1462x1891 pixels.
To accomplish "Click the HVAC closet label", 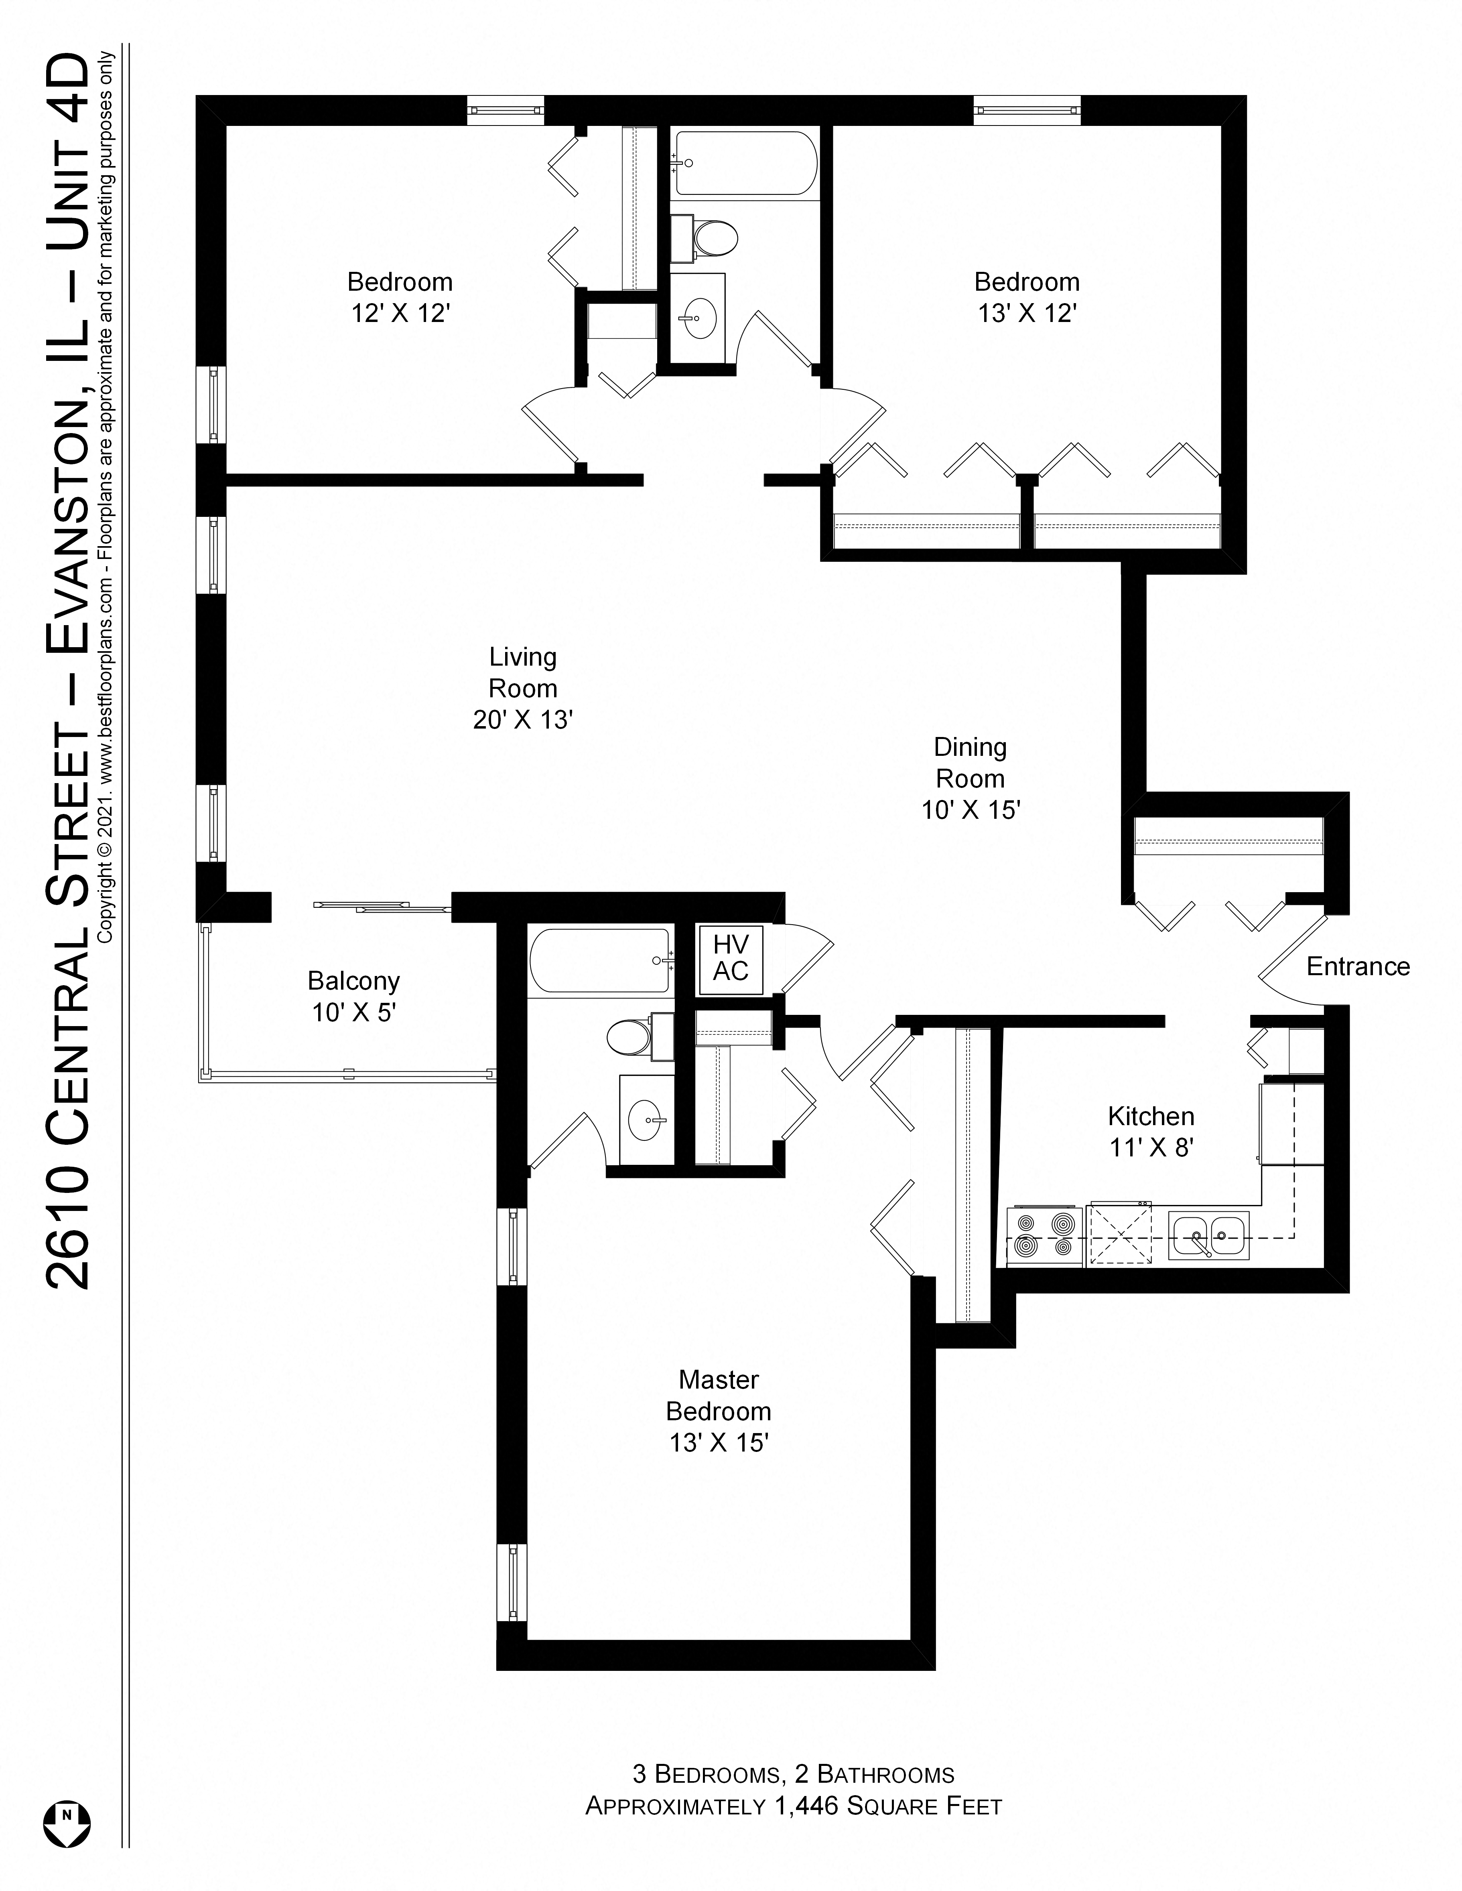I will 730,958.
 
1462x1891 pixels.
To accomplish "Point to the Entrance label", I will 1357,966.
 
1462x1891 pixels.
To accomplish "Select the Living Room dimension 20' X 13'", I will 523,719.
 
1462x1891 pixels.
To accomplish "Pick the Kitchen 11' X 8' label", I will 1151,1132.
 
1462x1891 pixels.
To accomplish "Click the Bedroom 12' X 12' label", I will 400,297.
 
